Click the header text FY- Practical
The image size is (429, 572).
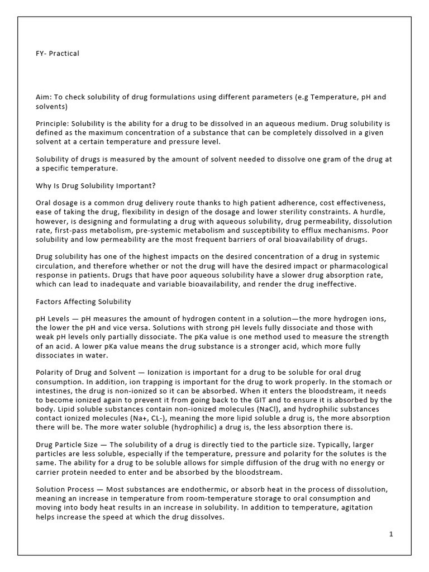pos(58,54)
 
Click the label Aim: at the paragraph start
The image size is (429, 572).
pos(44,97)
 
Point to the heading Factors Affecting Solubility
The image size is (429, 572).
pos(83,302)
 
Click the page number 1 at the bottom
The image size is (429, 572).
pos(391,534)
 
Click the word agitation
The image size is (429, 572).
pos(369,508)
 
